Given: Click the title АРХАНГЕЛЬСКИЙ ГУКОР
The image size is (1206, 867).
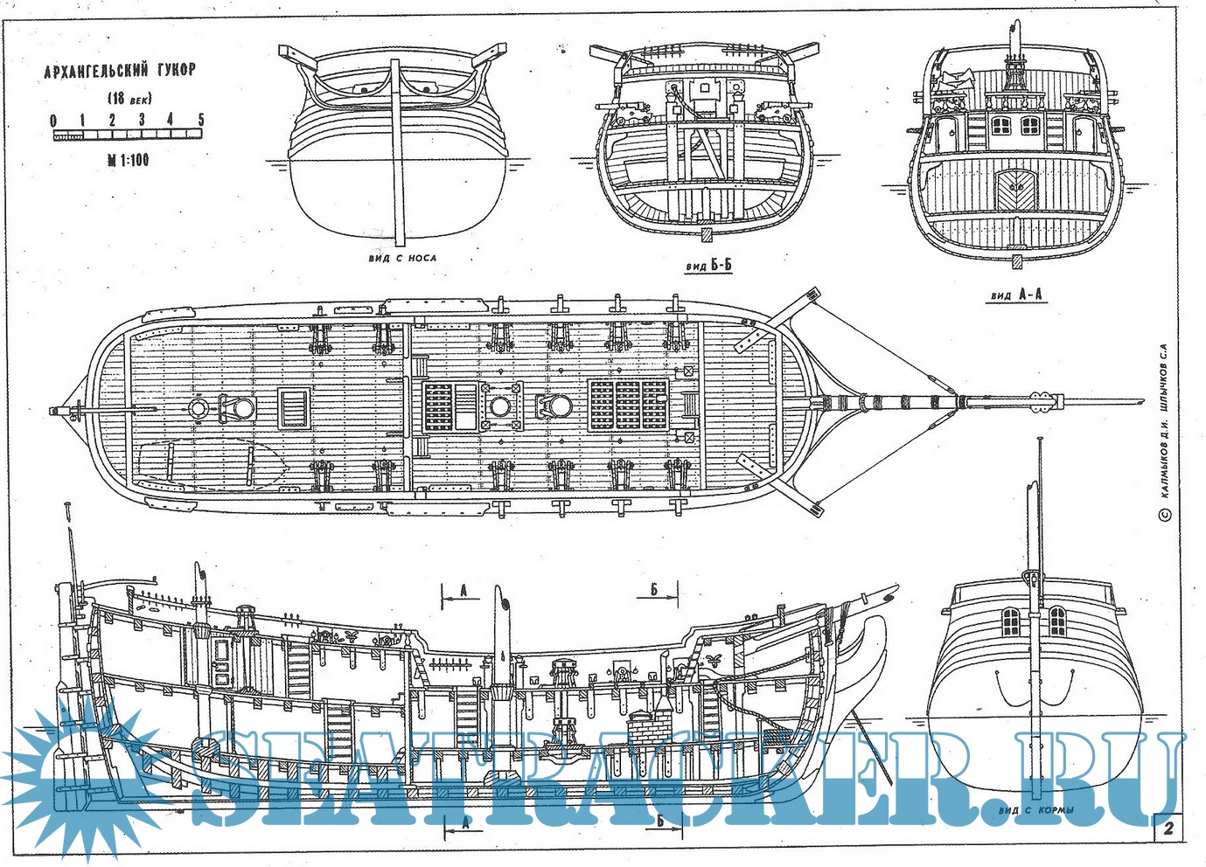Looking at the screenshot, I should click(120, 70).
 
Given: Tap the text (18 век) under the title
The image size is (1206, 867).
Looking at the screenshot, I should click(129, 99).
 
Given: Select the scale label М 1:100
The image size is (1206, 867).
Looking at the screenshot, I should click(128, 160).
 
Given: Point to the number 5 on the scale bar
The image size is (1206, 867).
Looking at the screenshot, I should click(201, 120).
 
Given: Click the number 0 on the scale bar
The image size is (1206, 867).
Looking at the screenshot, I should click(54, 121).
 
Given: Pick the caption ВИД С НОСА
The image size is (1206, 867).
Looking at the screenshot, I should click(401, 258).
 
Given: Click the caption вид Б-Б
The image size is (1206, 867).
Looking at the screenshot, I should click(708, 266).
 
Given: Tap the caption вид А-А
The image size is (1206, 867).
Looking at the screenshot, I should click(1017, 295).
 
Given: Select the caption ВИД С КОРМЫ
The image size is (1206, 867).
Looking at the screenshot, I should click(1036, 810).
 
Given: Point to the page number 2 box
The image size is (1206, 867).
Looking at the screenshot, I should click(1168, 829).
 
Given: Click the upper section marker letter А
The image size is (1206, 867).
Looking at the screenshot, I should click(464, 591).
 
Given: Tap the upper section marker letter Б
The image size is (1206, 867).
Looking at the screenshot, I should click(654, 590).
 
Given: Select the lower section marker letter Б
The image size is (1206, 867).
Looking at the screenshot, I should click(661, 822).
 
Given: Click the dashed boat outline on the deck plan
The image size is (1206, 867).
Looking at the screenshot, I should click(206, 463).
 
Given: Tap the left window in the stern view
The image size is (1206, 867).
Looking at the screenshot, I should click(1011, 621).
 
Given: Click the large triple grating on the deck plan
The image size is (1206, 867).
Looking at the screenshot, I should click(627, 404).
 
